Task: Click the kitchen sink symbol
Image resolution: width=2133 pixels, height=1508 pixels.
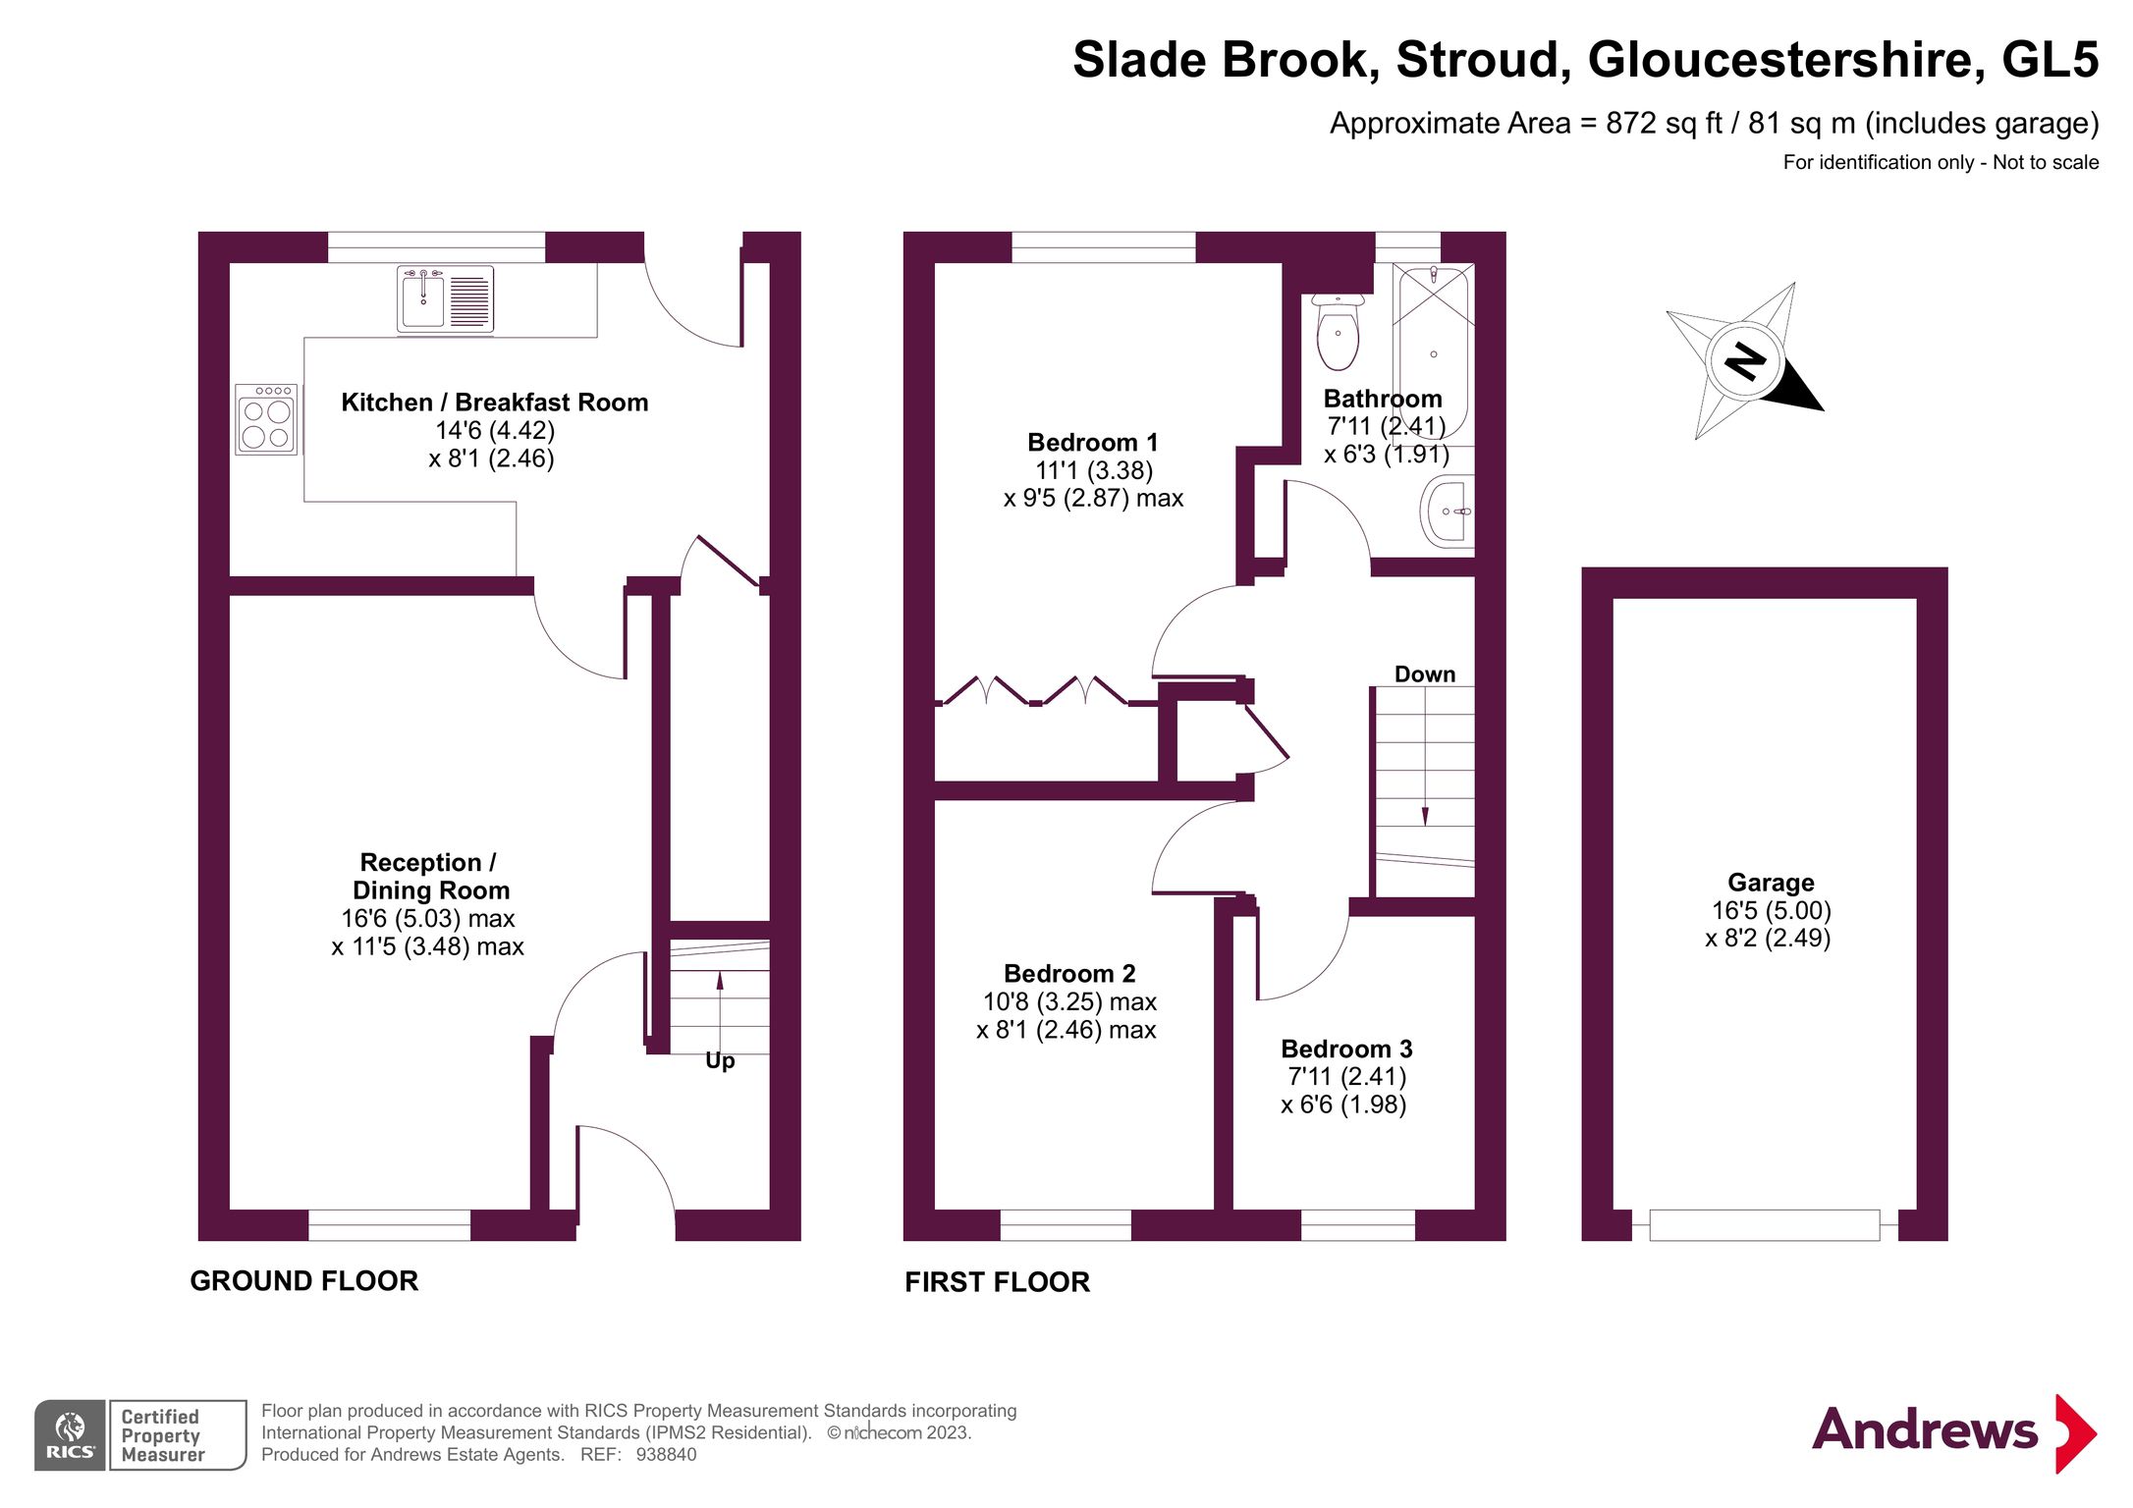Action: pos(445,299)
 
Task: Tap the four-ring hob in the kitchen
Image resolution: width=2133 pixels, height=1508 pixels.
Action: pos(266,419)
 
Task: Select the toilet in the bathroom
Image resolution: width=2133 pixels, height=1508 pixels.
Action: pos(1338,331)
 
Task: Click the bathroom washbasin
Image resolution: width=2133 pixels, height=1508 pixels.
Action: pos(1449,511)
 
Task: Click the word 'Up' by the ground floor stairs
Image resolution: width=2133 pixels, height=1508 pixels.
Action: pos(720,1061)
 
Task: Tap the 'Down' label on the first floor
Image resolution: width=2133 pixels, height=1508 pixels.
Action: pos(1424,674)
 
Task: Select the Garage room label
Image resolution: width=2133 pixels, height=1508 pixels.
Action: pos(1771,883)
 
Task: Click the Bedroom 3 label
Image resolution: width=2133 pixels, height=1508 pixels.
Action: pos(1346,1049)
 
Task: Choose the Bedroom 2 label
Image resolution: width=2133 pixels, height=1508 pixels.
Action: pos(1069,974)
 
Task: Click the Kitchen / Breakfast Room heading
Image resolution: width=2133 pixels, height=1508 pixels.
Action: pos(494,403)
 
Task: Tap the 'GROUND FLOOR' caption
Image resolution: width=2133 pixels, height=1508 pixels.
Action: pos(304,1281)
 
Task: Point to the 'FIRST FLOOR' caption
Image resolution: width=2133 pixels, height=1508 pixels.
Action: pos(997,1282)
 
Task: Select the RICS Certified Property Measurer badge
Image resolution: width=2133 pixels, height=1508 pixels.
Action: pos(139,1435)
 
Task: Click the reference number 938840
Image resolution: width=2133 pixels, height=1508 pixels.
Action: pos(666,1455)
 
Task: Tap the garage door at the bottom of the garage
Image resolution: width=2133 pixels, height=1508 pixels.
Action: pos(1764,1225)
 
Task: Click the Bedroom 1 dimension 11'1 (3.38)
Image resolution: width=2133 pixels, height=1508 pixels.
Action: pos(1094,470)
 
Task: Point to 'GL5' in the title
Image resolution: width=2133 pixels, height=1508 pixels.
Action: pos(2050,60)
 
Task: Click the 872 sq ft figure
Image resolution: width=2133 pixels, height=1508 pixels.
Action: pos(1664,124)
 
